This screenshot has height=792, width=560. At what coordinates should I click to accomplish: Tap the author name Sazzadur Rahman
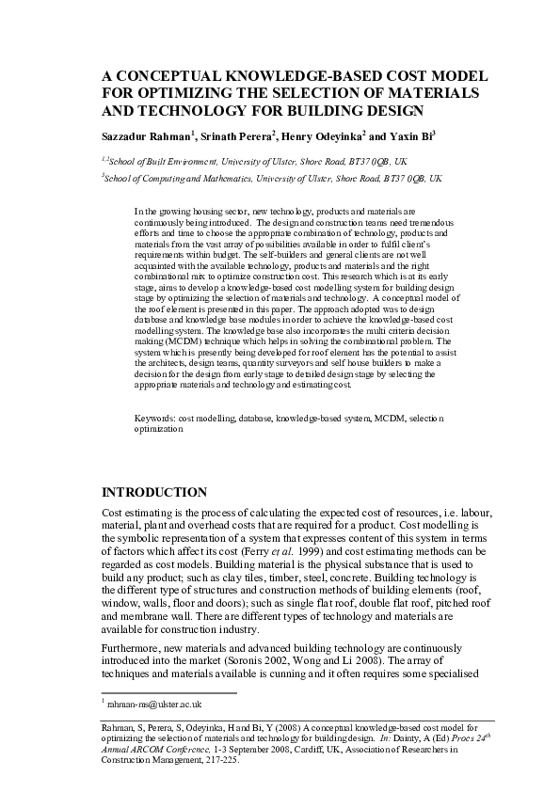[146, 136]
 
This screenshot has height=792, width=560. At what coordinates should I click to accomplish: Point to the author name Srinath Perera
[236, 136]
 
